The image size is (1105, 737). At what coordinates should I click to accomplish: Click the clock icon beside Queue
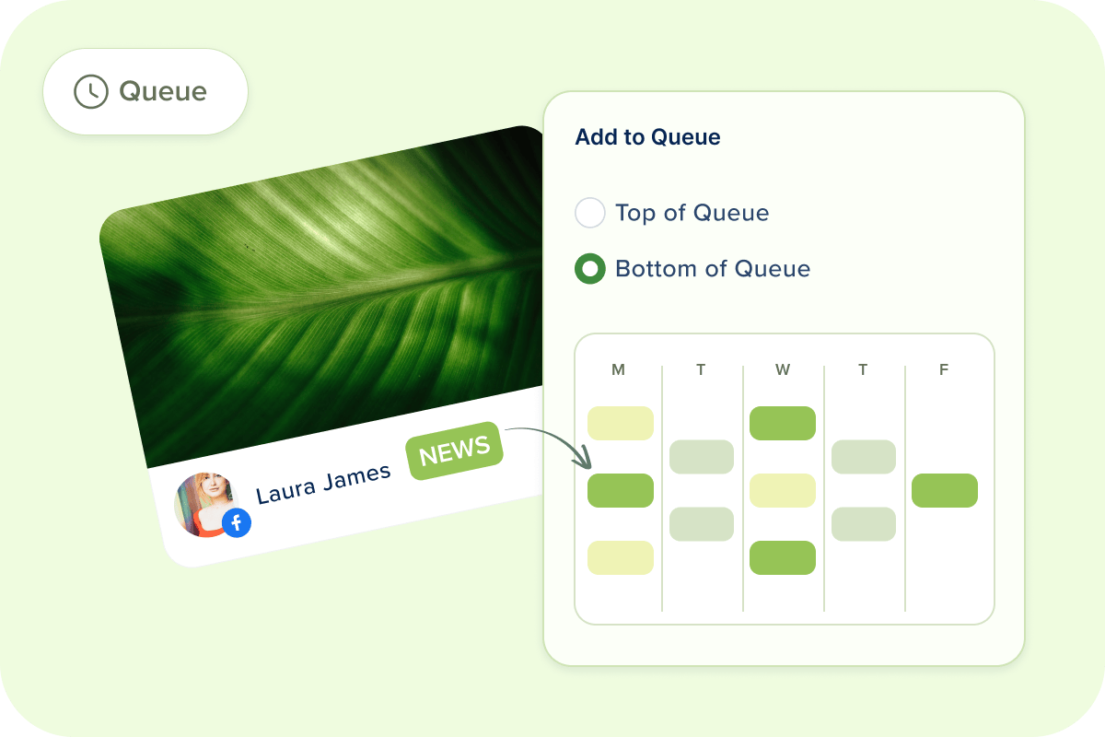(91, 91)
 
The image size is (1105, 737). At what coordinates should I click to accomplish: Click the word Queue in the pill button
(163, 92)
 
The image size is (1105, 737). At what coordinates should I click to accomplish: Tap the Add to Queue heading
(647, 136)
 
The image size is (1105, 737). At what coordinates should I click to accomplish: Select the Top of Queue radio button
(590, 213)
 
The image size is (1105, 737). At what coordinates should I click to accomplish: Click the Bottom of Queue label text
(713, 269)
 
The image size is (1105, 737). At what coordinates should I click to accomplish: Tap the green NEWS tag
(454, 450)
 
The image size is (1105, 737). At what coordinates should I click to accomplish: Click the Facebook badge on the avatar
(237, 522)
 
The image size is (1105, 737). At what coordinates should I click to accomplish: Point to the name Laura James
(323, 484)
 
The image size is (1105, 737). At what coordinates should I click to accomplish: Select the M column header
(618, 369)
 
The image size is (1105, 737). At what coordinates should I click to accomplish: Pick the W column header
(783, 369)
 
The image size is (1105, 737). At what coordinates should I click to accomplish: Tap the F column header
(944, 369)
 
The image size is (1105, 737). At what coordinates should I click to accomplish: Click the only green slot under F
(945, 490)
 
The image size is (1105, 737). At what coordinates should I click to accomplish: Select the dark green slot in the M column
(621, 490)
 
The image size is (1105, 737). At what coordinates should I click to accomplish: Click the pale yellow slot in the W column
(783, 490)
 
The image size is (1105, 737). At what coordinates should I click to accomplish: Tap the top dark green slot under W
(783, 423)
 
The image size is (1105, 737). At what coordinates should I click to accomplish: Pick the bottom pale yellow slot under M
(621, 557)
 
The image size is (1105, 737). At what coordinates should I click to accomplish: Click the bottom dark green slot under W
(783, 557)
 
